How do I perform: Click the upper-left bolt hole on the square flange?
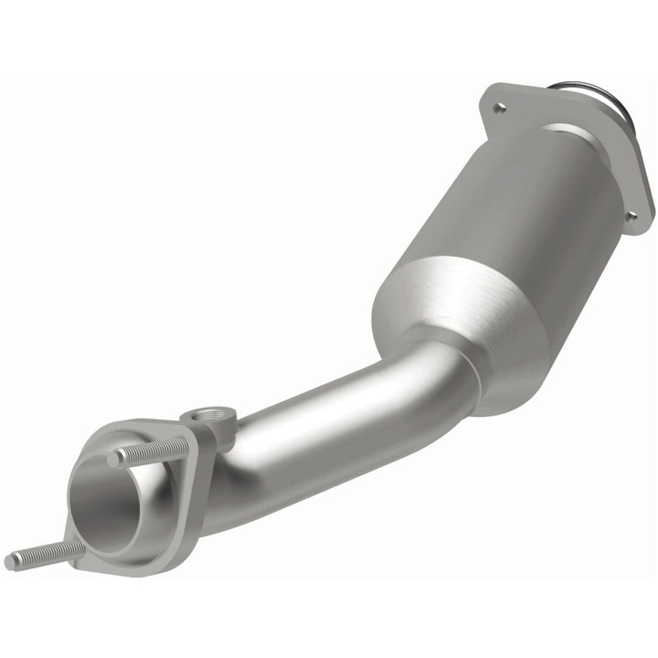click(x=498, y=108)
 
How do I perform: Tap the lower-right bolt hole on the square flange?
click(x=630, y=216)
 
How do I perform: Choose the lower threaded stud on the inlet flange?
click(x=46, y=554)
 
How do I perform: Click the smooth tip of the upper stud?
click(x=114, y=459)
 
